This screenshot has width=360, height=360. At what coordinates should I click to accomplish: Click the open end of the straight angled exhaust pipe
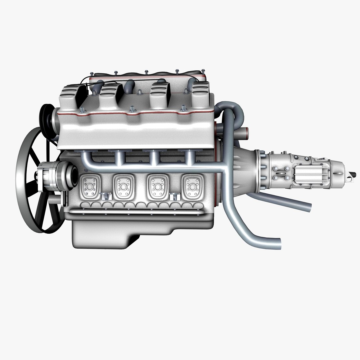click(x=309, y=207)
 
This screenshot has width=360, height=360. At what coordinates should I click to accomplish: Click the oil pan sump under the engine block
click(x=100, y=233)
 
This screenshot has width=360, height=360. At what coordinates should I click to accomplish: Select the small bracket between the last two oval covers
click(x=173, y=197)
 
